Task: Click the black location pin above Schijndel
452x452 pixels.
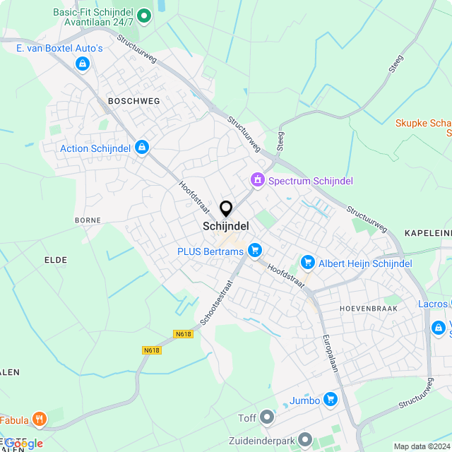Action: coord(226,209)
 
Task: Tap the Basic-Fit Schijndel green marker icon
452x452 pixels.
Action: coord(144,15)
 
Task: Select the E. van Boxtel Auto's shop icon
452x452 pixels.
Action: coord(83,64)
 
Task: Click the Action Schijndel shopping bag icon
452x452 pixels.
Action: coord(142,148)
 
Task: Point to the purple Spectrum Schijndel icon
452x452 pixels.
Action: coord(258,181)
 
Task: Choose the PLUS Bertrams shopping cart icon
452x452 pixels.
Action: coord(255,250)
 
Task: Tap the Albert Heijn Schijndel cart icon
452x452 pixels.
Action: coord(307,263)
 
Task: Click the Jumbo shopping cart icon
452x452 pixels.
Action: coord(330,400)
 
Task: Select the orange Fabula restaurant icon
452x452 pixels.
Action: coord(40,420)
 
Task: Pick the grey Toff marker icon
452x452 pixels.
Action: coord(267,417)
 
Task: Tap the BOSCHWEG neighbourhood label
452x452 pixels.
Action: coord(134,101)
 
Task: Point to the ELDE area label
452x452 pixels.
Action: coord(56,260)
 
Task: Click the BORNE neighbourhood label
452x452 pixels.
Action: coord(88,220)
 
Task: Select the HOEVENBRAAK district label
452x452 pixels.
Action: coord(368,309)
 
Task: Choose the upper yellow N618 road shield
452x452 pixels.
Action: coord(182,334)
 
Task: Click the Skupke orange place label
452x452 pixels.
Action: coord(422,122)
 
